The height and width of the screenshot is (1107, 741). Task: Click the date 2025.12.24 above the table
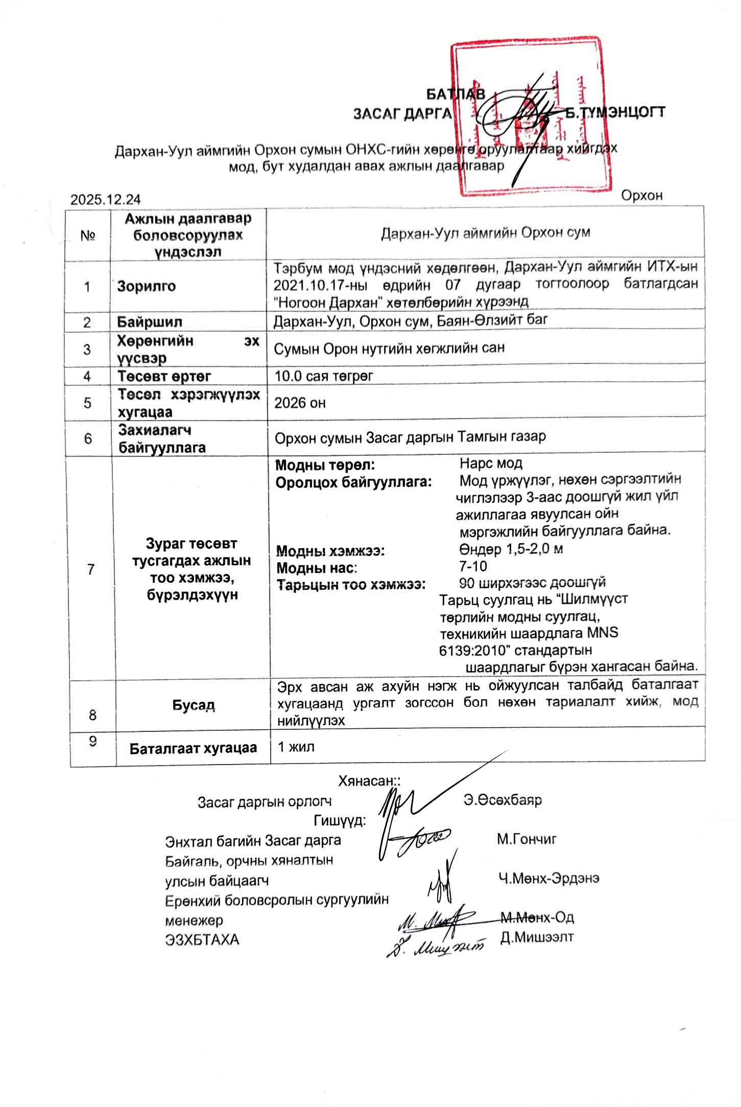(x=106, y=199)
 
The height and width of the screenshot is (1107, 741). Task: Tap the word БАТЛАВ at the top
(x=455, y=94)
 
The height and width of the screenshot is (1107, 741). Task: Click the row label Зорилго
(x=146, y=286)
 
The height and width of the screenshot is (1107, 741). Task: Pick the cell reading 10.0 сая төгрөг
(x=324, y=376)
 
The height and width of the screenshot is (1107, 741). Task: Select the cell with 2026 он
(x=300, y=403)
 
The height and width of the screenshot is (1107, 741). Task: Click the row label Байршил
(x=150, y=322)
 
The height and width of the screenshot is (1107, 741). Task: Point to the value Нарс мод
(x=491, y=464)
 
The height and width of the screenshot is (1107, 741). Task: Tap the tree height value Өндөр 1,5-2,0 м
(x=511, y=549)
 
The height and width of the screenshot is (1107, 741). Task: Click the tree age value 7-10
(x=473, y=566)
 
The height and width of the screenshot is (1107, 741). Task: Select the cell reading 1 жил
(x=296, y=747)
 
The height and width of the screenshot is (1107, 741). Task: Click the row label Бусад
(x=193, y=705)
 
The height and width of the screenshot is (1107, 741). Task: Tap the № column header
(x=89, y=235)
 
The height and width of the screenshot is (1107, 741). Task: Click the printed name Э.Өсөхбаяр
(x=503, y=800)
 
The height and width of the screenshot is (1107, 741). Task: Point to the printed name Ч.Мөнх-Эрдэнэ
(x=548, y=878)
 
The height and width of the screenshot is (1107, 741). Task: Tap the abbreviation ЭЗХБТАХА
(x=202, y=939)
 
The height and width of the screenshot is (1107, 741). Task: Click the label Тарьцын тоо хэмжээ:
(x=351, y=584)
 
